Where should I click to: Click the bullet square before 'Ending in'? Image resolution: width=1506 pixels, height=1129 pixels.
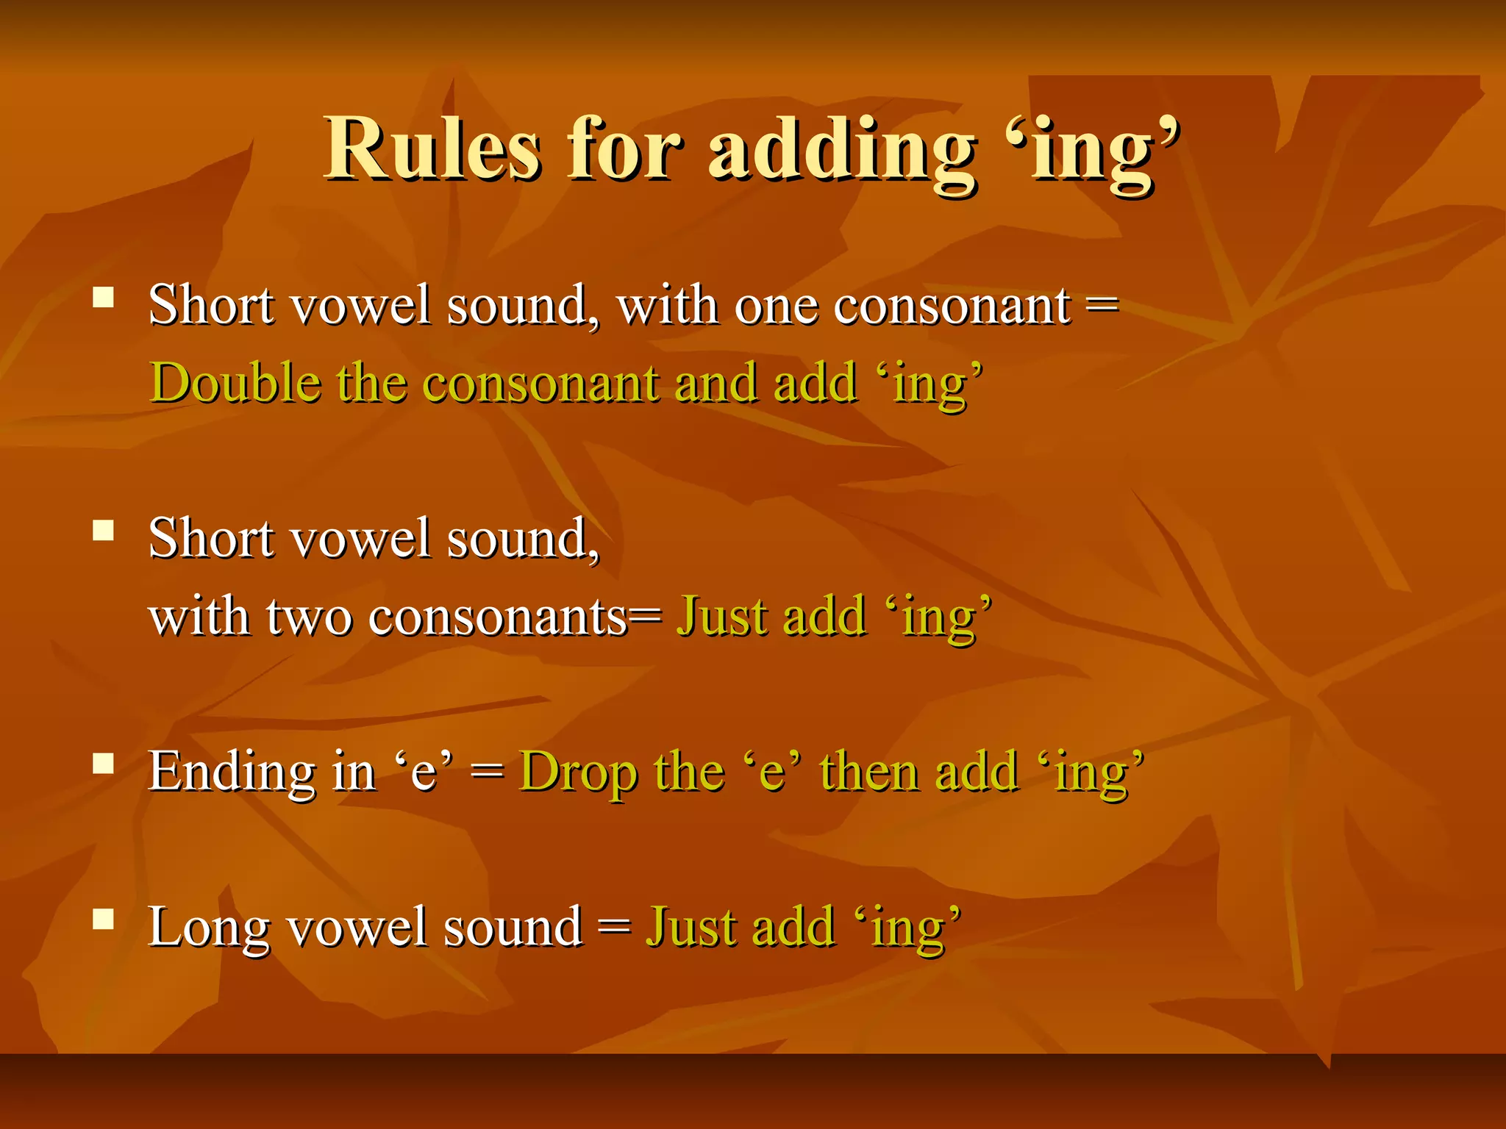coord(104,764)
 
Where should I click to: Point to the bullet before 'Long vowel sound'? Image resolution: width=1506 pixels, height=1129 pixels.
coord(104,920)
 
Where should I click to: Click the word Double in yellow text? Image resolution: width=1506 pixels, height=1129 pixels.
coord(235,383)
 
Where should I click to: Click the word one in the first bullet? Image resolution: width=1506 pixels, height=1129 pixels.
coord(775,306)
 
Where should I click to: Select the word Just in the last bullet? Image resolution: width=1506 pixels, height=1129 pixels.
coord(690,926)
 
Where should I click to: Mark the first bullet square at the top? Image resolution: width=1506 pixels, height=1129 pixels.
coord(104,298)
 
